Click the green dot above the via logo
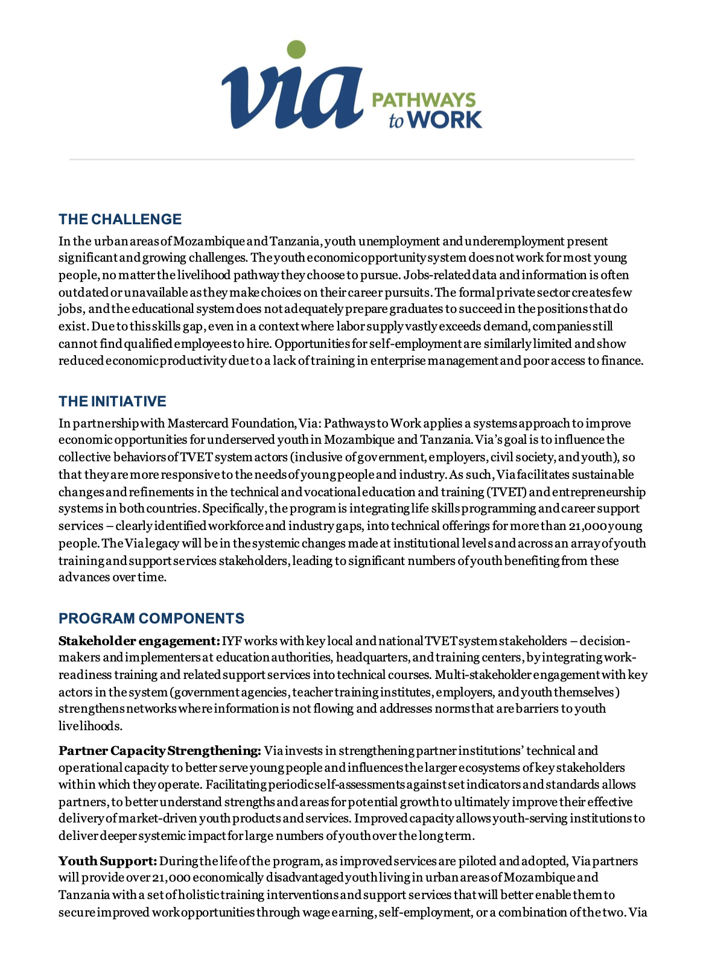tap(296, 49)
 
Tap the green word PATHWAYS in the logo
tap(424, 100)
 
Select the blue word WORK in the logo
tap(445, 119)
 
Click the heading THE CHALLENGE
tap(120, 219)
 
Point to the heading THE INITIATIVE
tap(112, 401)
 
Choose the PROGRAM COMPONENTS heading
tap(151, 618)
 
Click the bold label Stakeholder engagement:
tap(139, 640)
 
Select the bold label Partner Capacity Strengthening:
tap(160, 751)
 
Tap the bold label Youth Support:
tap(108, 861)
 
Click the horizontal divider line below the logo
tap(352, 159)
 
